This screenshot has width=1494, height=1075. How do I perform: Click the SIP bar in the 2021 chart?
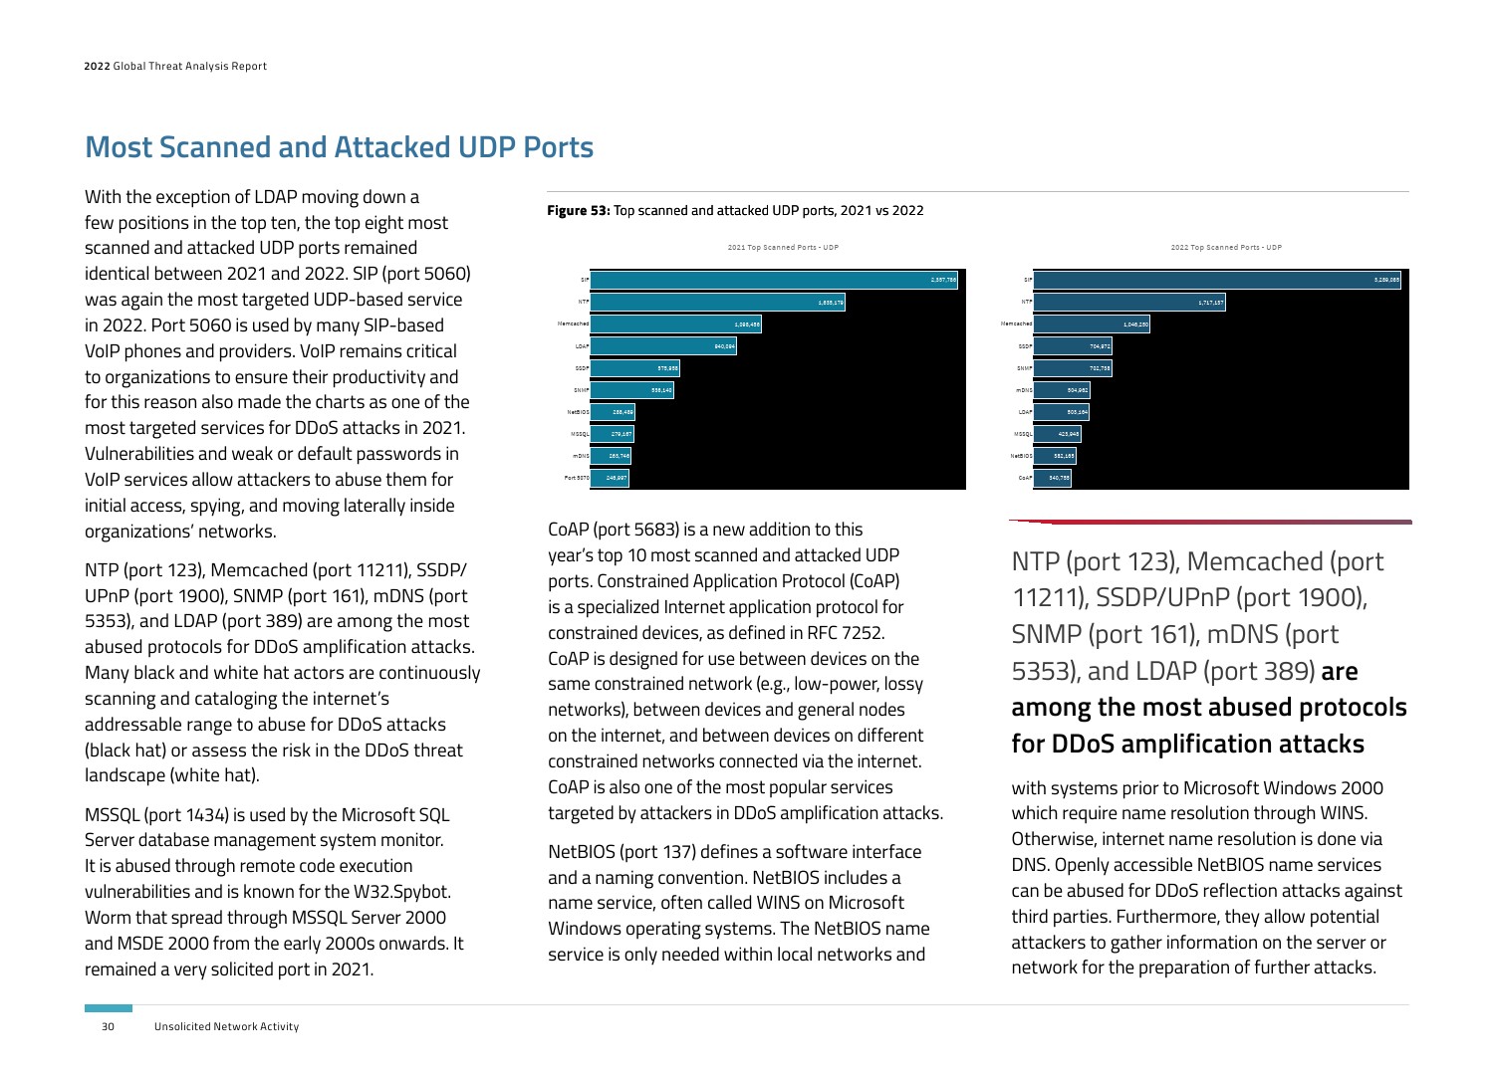tap(774, 281)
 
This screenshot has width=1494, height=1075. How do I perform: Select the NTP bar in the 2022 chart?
tap(1129, 302)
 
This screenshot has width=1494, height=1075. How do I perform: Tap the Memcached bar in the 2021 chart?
tap(676, 324)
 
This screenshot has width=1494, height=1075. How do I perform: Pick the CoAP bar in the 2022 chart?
tap(1053, 478)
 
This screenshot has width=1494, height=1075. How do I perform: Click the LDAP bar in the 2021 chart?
tap(663, 346)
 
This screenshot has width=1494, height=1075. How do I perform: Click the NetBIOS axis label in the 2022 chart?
tap(1022, 456)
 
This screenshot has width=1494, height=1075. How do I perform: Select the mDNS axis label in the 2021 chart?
tap(581, 456)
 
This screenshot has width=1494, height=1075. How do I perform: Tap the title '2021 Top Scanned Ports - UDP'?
tap(783, 248)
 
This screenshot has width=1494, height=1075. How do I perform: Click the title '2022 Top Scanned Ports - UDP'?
tap(1226, 248)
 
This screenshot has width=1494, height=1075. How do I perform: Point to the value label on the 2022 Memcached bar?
tap(1136, 324)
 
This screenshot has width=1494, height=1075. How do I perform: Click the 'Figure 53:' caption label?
tap(579, 211)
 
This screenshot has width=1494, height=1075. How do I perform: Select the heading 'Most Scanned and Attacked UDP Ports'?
tap(340, 147)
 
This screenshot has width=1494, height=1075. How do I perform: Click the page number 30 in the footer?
tap(108, 1026)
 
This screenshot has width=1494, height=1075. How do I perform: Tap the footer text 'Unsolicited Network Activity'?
tap(226, 1026)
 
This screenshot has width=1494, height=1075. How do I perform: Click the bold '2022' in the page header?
tap(97, 67)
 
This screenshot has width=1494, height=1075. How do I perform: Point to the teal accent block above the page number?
tap(109, 1008)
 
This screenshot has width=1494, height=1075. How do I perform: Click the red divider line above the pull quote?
tap(1210, 521)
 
